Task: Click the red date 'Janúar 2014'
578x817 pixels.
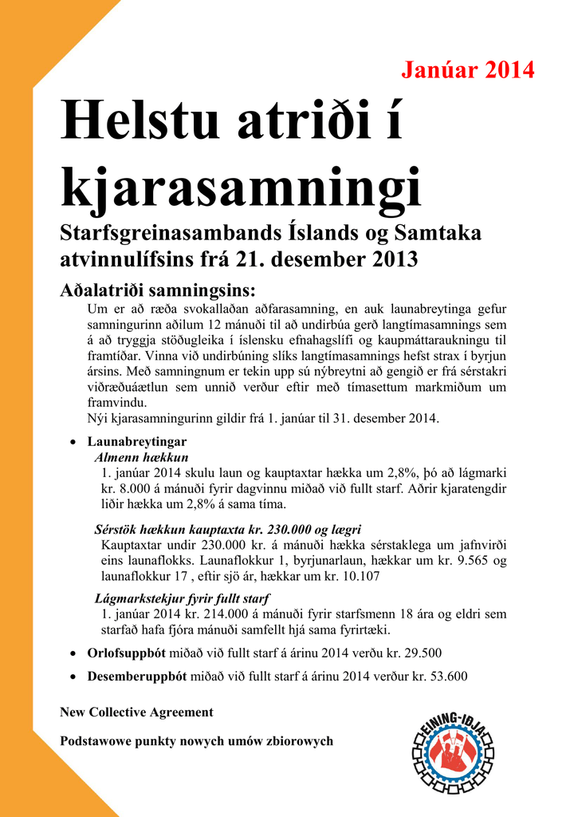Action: coord(467,70)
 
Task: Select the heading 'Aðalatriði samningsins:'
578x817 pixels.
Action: coord(158,290)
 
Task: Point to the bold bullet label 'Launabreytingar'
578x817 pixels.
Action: coord(137,441)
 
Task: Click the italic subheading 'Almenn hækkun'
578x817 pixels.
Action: coord(141,457)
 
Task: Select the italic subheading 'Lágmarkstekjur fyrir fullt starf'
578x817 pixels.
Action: coord(182,598)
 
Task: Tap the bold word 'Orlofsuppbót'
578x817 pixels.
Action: coord(126,653)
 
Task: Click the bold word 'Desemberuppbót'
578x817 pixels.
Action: coord(136,676)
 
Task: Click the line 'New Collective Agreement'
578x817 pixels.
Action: coord(136,712)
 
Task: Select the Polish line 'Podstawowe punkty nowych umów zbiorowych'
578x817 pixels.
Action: coord(196,741)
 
